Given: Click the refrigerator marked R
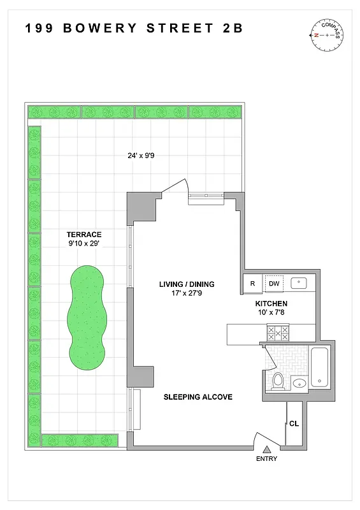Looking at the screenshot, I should point(252,284).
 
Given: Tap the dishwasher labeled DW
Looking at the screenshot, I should point(274,284).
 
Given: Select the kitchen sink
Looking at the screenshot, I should point(299,283).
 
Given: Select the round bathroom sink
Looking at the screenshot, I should point(298,383).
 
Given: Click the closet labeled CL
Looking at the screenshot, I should point(294,423).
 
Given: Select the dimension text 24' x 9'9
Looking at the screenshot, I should point(140,155).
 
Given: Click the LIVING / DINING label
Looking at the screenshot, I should point(187,284).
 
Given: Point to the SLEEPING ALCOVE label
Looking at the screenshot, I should point(198,397).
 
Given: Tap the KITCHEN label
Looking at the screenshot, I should point(272,304).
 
